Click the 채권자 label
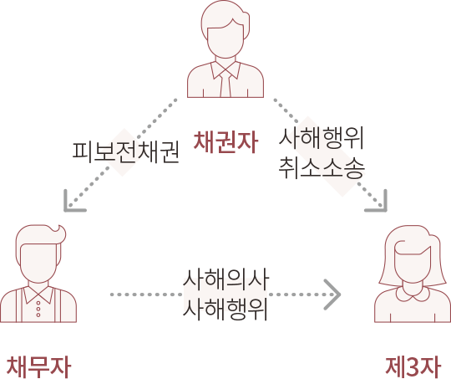225,141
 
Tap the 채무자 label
38,366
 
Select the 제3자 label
413,366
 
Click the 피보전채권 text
125,152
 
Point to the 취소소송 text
322,167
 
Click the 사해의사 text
225,279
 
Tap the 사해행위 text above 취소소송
322,138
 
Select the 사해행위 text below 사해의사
225,310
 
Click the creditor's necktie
225,84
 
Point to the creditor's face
225,40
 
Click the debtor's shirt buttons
38,309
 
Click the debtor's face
38,264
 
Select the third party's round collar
413,294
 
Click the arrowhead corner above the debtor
66,210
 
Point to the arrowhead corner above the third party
385,210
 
